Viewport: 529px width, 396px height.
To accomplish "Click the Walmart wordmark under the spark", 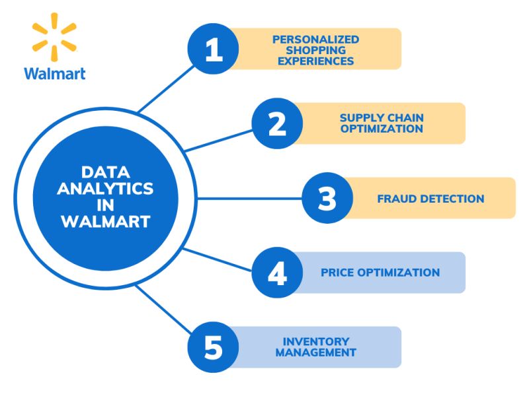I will [55, 73].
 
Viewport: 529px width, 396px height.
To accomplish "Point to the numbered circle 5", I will [214, 347].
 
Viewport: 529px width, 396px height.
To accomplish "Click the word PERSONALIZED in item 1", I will [316, 40].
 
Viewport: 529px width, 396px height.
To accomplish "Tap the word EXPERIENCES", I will [316, 61].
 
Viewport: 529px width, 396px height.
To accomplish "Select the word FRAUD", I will [398, 199].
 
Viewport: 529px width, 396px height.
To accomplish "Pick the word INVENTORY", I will [316, 342].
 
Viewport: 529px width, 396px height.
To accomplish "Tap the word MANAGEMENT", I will [316, 353].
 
